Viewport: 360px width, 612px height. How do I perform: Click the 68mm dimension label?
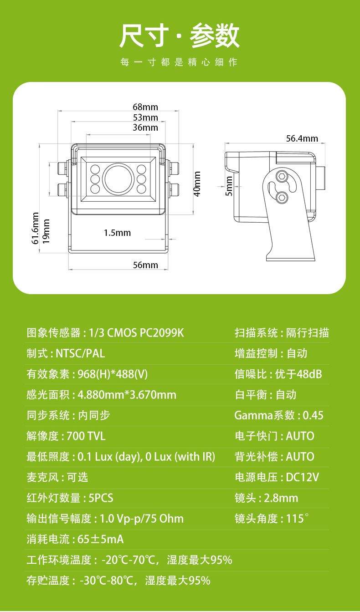145,107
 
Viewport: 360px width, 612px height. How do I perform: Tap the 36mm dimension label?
145,127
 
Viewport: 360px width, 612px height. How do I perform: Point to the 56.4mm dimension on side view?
302,138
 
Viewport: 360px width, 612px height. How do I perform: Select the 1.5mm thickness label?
117,233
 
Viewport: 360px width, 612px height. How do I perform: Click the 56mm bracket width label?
145,265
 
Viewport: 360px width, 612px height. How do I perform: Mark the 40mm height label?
197,184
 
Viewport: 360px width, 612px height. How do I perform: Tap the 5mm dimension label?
229,186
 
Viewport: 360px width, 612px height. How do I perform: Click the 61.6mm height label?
35,228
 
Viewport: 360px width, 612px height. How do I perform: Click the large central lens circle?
118,179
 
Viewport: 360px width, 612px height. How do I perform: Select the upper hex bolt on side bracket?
281,176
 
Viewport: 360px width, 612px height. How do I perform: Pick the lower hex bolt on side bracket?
282,197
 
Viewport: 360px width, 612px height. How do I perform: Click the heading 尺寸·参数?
180,36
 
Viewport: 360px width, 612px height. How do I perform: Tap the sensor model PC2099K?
162,333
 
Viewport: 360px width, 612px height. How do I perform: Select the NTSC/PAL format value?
80,353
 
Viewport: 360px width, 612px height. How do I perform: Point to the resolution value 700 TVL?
86,436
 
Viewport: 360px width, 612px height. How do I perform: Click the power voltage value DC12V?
302,477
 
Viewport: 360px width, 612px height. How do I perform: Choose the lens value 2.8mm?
281,498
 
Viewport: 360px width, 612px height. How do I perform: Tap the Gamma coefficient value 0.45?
313,415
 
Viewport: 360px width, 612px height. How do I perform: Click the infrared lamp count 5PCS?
101,498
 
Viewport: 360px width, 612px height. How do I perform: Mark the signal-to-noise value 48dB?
309,374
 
